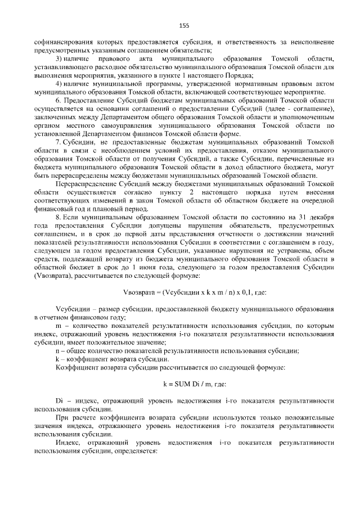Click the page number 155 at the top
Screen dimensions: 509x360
tap(183, 25)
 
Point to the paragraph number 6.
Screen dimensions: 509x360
tap(58, 100)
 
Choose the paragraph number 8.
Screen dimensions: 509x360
tap(58, 217)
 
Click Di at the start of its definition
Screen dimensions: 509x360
tap(59, 400)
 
